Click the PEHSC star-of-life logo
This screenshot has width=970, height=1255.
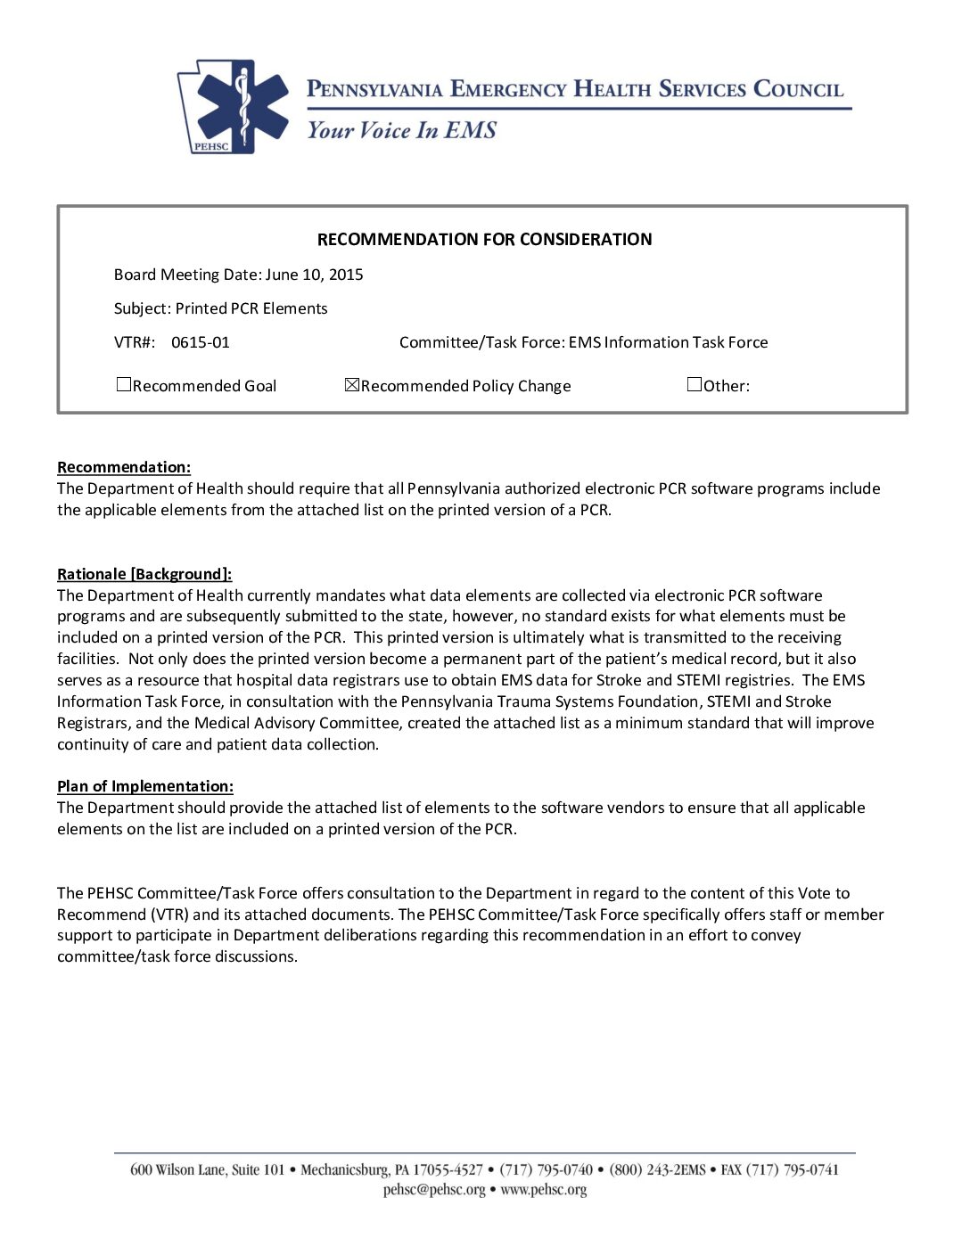coord(234,106)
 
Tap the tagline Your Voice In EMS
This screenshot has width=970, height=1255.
coord(401,130)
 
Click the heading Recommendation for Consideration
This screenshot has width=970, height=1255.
coord(484,239)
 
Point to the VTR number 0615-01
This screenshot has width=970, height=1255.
coord(200,342)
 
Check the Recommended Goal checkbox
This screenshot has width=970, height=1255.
coord(124,385)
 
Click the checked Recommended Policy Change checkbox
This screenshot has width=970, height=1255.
coord(352,385)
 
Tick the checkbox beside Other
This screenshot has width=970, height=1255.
coord(695,385)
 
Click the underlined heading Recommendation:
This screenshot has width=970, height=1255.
coord(124,467)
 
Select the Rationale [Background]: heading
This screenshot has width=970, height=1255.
coord(144,574)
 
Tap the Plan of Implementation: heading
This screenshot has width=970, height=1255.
coord(145,786)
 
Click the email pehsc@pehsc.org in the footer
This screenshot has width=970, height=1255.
coord(434,1190)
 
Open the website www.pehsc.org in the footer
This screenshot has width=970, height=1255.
coord(543,1190)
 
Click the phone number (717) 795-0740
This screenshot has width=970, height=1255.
coord(546,1169)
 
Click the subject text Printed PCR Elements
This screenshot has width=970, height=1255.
coord(251,308)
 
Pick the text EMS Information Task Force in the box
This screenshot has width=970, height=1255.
coord(668,342)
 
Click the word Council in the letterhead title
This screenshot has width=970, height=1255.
coord(798,89)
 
